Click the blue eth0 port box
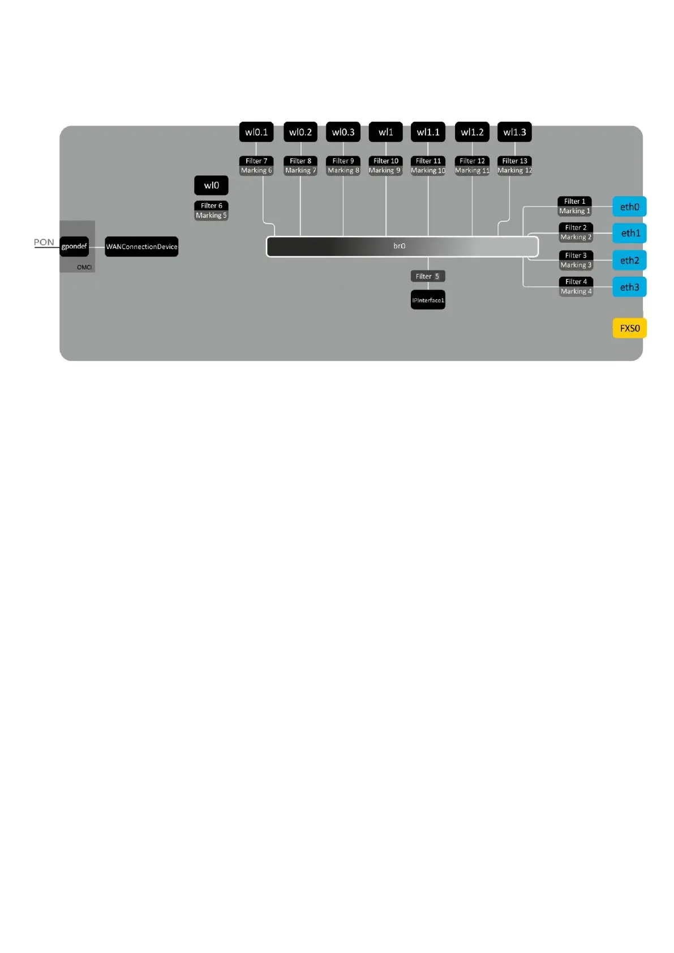(629, 207)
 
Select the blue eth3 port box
(629, 287)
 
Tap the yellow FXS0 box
(629, 328)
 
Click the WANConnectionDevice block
(141, 247)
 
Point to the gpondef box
(74, 246)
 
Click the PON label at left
(44, 242)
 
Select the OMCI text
(84, 267)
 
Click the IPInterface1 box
(428, 300)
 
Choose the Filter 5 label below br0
(428, 276)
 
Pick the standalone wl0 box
(211, 185)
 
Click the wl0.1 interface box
(256, 132)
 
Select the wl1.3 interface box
(514, 132)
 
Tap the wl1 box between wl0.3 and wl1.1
(385, 132)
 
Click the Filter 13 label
(514, 161)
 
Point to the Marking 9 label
(385, 170)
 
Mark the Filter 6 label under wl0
(211, 205)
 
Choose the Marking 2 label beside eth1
(576, 237)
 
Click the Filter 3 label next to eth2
(576, 255)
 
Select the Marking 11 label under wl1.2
(472, 170)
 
